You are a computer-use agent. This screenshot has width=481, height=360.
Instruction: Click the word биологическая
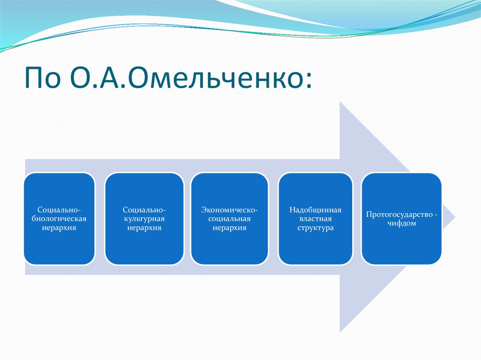coord(59,219)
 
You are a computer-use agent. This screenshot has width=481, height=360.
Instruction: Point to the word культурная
coord(144,219)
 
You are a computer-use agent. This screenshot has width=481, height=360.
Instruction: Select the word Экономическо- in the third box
coord(230,210)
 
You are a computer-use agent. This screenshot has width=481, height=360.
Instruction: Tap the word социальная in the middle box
coord(230,219)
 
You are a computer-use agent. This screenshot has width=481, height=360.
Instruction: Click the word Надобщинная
coord(315,210)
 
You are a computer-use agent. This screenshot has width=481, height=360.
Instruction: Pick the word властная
coord(315,219)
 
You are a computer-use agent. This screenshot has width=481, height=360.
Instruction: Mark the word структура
coord(315,228)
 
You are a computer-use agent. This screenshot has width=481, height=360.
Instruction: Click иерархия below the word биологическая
coord(59,228)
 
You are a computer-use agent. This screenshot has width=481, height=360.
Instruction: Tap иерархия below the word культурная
coord(144,228)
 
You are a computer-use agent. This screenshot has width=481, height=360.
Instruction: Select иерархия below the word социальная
coord(230,228)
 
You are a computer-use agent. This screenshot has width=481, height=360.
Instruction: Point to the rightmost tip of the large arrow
coord(454,217)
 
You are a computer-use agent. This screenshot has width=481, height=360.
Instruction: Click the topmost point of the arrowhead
coord(341,102)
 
